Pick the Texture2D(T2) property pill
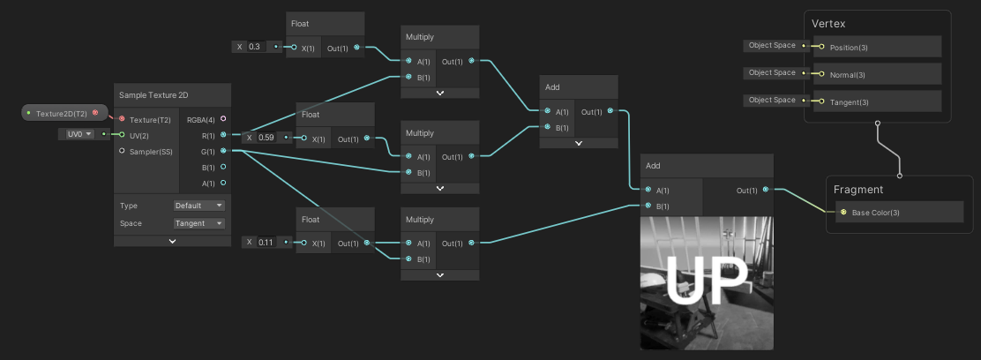(62, 114)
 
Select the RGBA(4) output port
(222, 118)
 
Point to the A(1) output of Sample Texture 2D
(222, 183)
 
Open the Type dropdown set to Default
(199, 206)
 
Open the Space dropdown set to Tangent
(199, 223)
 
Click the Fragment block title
(858, 189)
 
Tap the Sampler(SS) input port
(122, 151)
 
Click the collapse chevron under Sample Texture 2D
(172, 241)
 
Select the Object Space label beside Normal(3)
(772, 73)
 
